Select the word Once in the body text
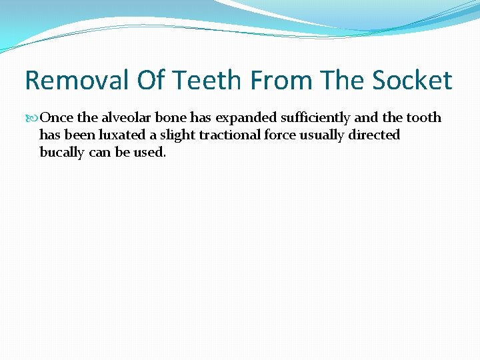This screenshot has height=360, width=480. [x=57, y=117]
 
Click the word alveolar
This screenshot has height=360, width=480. [x=127, y=117]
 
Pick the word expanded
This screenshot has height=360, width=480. [x=243, y=118]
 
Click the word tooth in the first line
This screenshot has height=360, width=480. [x=424, y=117]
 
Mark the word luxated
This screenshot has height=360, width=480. [x=130, y=135]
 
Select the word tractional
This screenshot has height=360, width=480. [x=232, y=135]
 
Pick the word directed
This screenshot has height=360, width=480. [x=375, y=135]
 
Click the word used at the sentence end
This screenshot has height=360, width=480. [x=149, y=152]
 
